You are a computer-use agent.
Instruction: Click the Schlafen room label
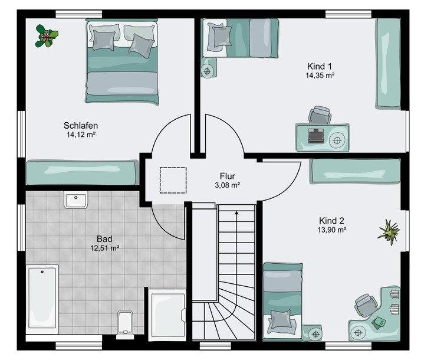(x=81, y=126)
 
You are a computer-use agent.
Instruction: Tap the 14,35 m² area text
(x=320, y=76)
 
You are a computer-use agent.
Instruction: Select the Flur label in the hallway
(x=227, y=176)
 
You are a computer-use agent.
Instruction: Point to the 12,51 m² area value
(x=104, y=248)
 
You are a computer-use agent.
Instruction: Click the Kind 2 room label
(x=331, y=221)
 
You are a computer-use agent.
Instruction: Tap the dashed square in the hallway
(x=173, y=180)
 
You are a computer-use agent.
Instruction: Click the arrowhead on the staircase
(x=236, y=213)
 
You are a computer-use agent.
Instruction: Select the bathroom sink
(x=76, y=200)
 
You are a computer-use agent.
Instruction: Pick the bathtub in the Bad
(x=42, y=300)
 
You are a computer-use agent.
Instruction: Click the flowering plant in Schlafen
(x=47, y=36)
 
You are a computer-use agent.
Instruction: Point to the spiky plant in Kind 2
(x=389, y=231)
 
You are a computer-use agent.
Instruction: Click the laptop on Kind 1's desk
(x=316, y=136)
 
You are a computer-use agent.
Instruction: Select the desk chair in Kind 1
(x=320, y=114)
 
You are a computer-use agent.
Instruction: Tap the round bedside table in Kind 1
(x=208, y=68)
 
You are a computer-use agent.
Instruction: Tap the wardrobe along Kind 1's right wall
(x=388, y=63)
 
